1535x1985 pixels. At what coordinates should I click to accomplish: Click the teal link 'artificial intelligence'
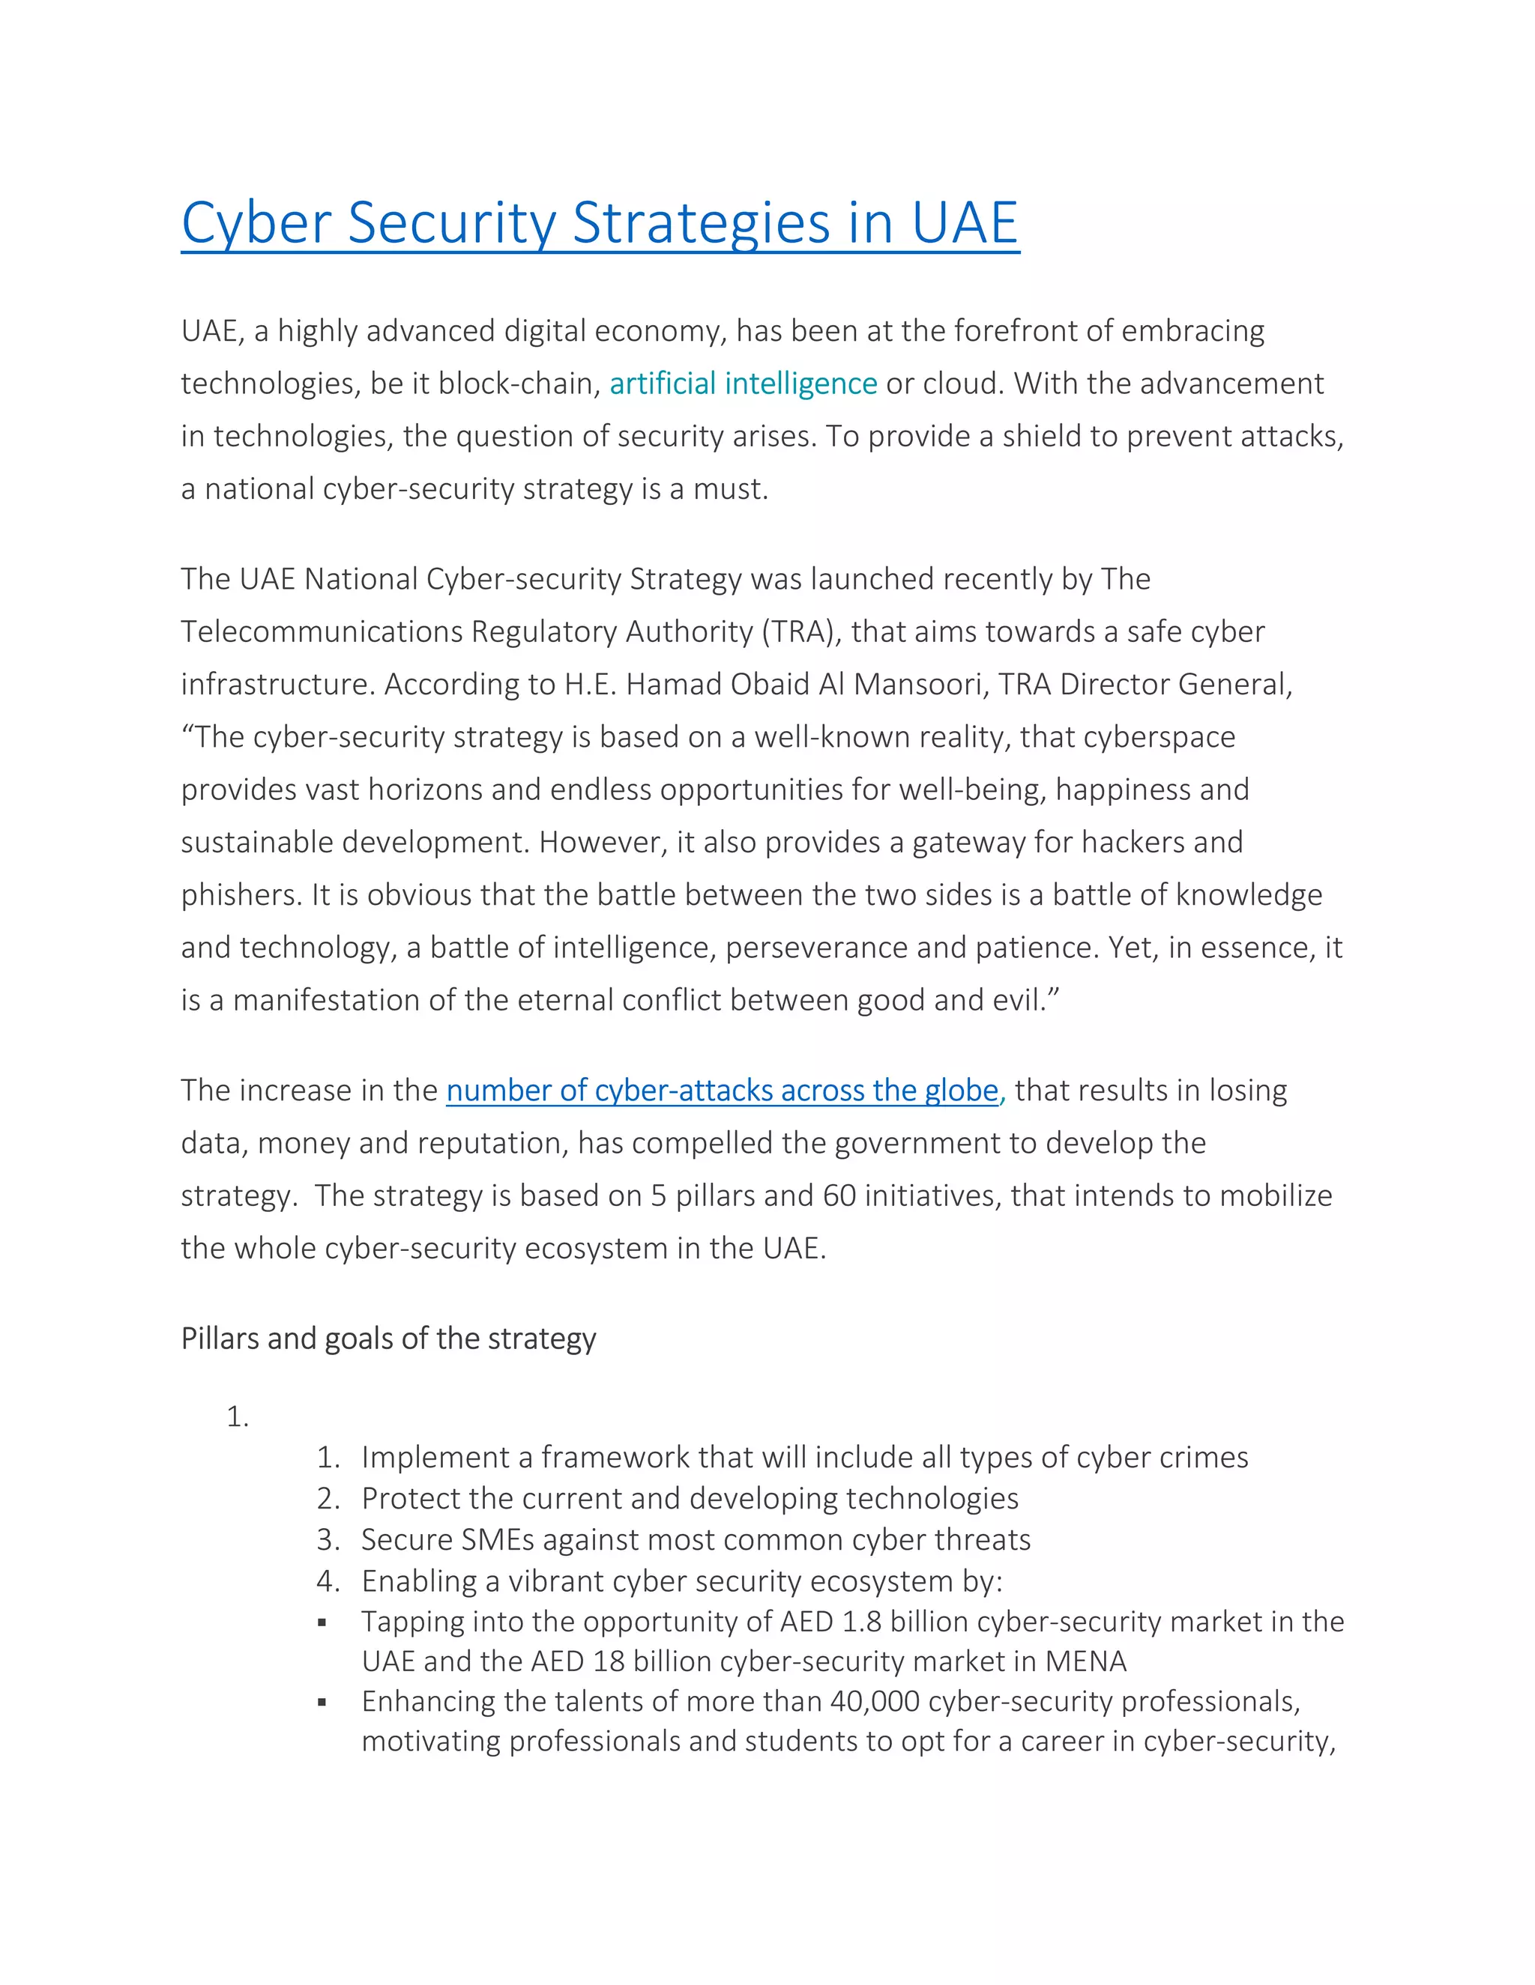click(742, 384)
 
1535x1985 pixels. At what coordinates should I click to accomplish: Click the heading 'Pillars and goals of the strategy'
click(388, 1339)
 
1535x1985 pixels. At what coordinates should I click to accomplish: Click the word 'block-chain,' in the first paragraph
click(519, 384)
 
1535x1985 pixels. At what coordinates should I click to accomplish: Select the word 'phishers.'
click(241, 895)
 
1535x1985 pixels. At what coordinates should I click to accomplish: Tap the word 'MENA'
click(1086, 1661)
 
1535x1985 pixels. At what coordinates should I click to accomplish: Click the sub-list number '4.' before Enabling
click(328, 1581)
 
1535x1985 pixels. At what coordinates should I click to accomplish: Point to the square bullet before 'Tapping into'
click(322, 1622)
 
